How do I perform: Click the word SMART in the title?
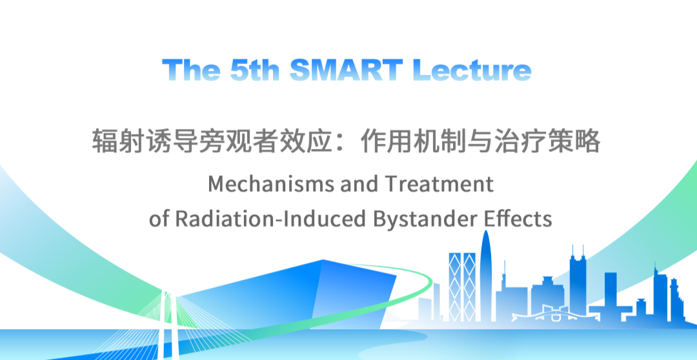tap(347, 70)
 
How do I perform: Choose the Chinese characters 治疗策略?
tap(548, 141)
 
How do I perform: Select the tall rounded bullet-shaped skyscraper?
tap(486, 275)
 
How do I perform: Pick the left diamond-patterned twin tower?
tap(455, 286)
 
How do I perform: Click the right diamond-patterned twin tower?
tap(469, 286)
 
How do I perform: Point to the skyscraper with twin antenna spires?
tap(578, 285)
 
